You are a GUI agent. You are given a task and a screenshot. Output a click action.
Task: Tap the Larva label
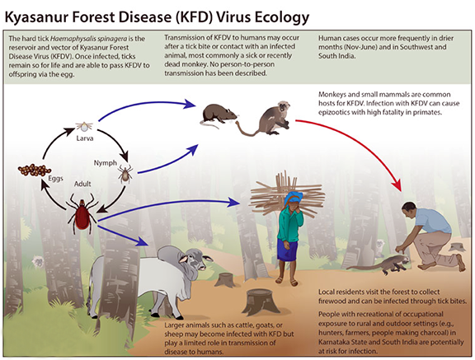pos(85,138)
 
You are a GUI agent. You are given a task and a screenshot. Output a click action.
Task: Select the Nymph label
pos(105,163)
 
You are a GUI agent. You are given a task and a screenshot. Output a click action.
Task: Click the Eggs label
pos(56,179)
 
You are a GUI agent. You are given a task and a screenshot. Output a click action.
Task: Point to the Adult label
pos(82,184)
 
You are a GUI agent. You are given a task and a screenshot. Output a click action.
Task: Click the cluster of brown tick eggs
pos(35,170)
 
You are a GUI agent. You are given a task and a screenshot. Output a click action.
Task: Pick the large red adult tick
pos(82,213)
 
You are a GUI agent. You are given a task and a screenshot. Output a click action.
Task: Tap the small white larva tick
pos(84,126)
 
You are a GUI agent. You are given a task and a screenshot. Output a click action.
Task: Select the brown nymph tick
pos(125,174)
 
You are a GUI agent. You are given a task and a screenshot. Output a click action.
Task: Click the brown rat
pos(219,115)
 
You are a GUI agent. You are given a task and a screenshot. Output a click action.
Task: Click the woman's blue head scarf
pos(294,197)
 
